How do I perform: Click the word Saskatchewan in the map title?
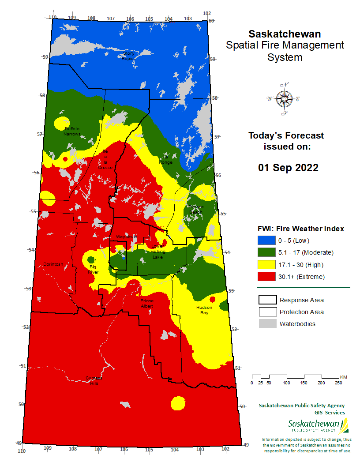(285, 34)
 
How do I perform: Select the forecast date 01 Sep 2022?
(288, 168)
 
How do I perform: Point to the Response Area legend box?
(266, 300)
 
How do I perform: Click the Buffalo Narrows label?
(72, 131)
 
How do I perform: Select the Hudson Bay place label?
(205, 310)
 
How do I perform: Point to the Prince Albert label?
(147, 303)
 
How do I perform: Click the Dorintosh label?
(53, 264)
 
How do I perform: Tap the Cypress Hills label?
(93, 380)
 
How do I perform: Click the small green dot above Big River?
(91, 259)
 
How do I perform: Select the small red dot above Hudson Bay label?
(212, 299)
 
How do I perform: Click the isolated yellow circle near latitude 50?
(178, 403)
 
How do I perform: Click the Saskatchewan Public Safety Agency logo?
(318, 426)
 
